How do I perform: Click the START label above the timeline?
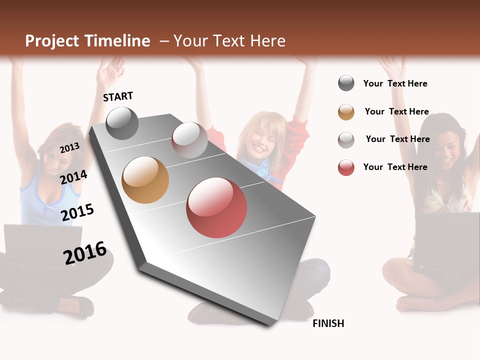click(x=118, y=96)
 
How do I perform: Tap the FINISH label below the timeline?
click(x=328, y=323)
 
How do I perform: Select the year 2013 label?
click(x=69, y=147)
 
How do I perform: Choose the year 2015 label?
click(x=77, y=212)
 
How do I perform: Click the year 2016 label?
click(x=85, y=252)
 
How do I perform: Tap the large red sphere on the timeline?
click(x=216, y=207)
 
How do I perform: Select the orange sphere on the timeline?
click(x=145, y=180)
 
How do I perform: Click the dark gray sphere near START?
click(x=122, y=123)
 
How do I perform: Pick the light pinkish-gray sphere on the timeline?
click(x=189, y=140)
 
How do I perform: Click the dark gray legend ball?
click(x=346, y=83)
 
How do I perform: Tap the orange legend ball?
click(x=346, y=112)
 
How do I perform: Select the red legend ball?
click(x=346, y=167)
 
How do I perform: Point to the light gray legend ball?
click(x=346, y=139)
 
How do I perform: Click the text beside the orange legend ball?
click(x=396, y=111)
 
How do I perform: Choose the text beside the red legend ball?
click(x=395, y=167)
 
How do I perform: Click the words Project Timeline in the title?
click(x=87, y=41)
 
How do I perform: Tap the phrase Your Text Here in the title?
click(x=229, y=41)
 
